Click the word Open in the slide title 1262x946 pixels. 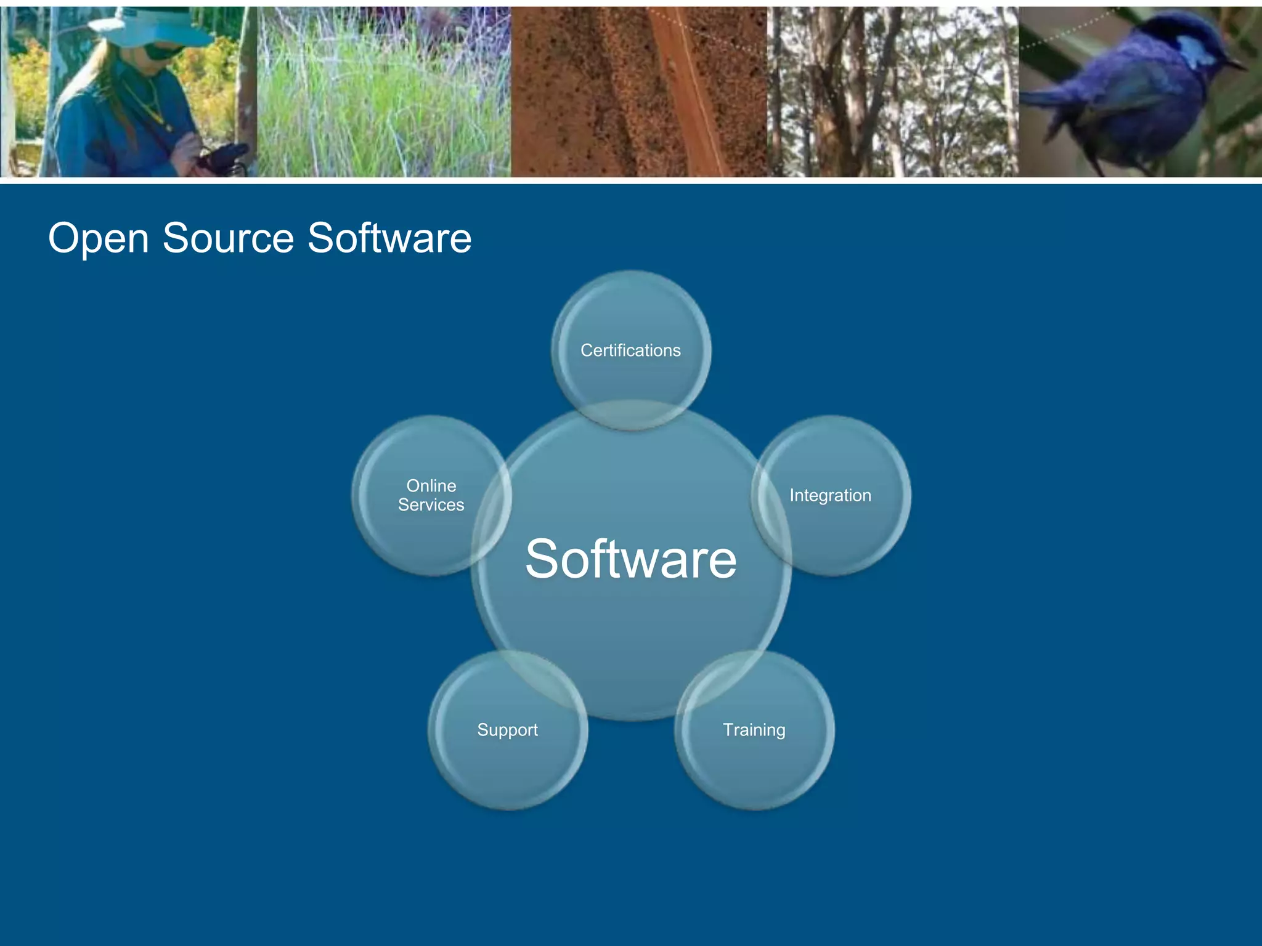coord(99,238)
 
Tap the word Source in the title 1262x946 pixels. coord(228,238)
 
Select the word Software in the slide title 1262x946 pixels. coord(389,238)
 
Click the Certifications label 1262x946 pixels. coord(630,350)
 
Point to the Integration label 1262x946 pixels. coord(830,495)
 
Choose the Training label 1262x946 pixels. coord(754,730)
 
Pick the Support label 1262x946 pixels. coord(507,730)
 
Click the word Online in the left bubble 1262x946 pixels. coord(431,485)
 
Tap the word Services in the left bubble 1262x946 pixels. coord(431,505)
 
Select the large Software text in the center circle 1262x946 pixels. coord(630,559)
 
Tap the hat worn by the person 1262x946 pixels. coord(148,28)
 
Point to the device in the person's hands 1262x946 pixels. coord(225,157)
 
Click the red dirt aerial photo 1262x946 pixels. coord(638,92)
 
